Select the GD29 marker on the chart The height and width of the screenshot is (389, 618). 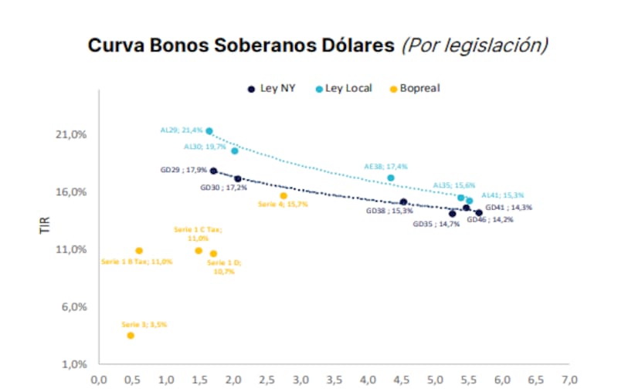tap(213, 171)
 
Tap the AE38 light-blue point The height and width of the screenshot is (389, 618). tap(391, 178)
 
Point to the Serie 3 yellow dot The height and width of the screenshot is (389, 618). tap(131, 335)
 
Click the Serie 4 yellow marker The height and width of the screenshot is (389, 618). tap(284, 195)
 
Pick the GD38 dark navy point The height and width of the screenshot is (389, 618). tap(403, 202)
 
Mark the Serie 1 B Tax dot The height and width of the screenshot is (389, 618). tap(139, 250)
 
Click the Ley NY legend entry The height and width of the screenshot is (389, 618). tap(270, 89)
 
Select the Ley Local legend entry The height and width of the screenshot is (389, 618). tap(343, 89)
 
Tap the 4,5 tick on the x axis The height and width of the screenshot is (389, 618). tap(402, 380)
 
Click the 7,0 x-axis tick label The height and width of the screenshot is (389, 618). tap(569, 380)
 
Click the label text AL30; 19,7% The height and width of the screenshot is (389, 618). tap(205, 146)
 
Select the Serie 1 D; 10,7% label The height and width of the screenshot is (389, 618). tap(223, 267)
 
